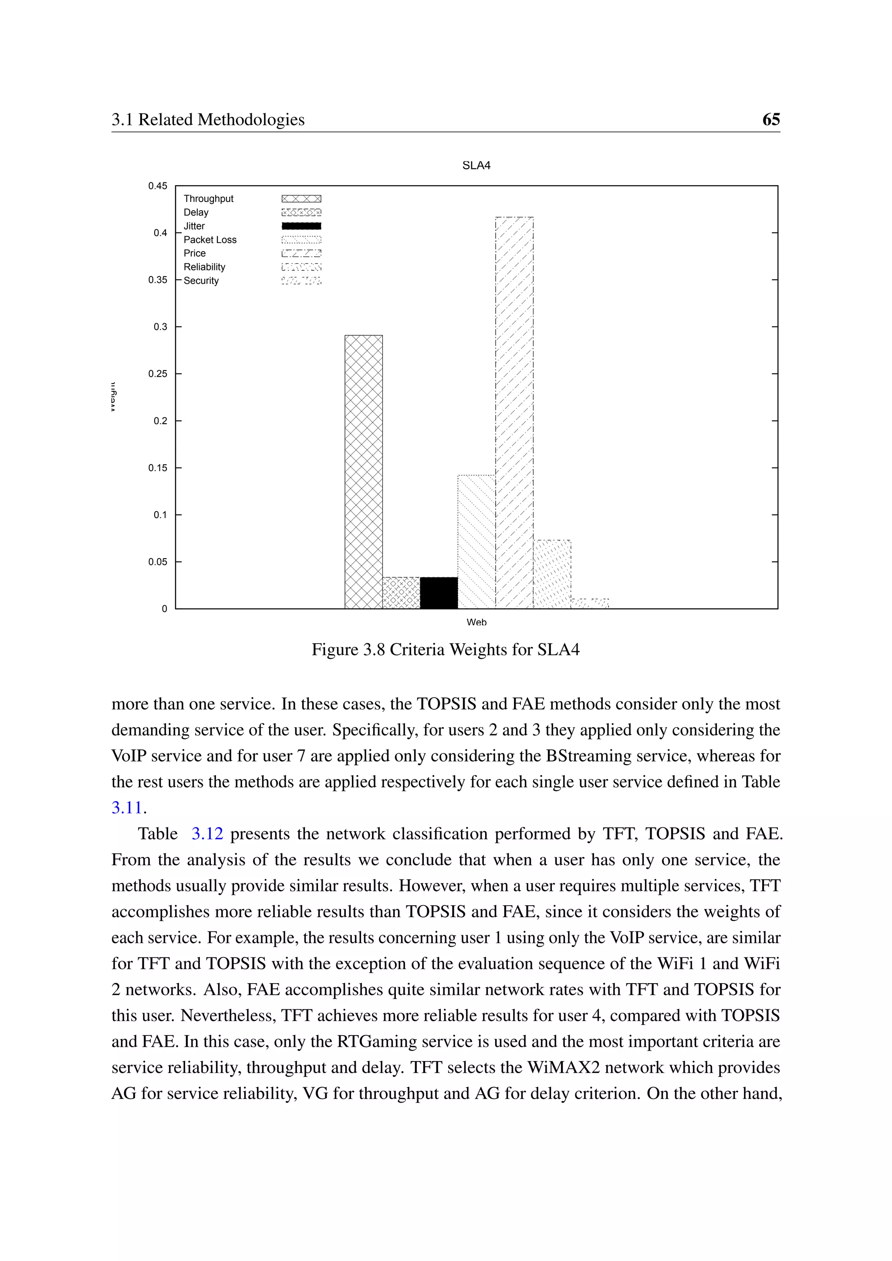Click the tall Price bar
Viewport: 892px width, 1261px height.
514,412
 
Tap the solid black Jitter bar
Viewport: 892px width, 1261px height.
439,593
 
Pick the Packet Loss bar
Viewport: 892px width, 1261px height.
476,541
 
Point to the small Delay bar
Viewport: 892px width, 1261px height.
401,593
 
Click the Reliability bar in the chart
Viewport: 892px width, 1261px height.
552,574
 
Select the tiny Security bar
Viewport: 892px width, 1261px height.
590,604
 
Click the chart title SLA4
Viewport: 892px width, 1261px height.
476,165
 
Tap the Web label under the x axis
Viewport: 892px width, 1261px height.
476,622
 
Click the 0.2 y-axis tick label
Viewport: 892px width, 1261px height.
160,421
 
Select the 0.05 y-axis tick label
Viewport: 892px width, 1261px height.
158,562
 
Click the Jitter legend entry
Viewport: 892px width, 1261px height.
194,226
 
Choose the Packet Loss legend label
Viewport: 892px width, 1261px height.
210,239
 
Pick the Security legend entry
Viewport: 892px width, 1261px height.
201,281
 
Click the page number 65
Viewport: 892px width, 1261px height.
770,119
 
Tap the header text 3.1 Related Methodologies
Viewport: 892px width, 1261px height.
208,119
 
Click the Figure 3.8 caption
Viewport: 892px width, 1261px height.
446,649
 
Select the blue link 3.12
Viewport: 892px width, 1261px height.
207,834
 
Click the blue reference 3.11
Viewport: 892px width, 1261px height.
127,807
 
